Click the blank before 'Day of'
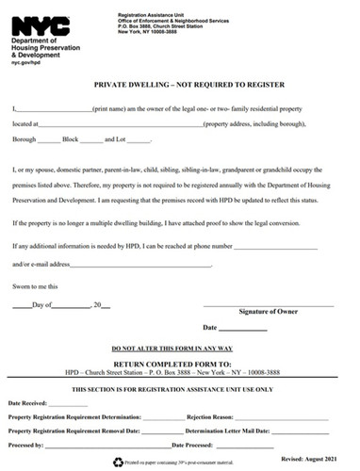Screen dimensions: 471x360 [21, 306]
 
